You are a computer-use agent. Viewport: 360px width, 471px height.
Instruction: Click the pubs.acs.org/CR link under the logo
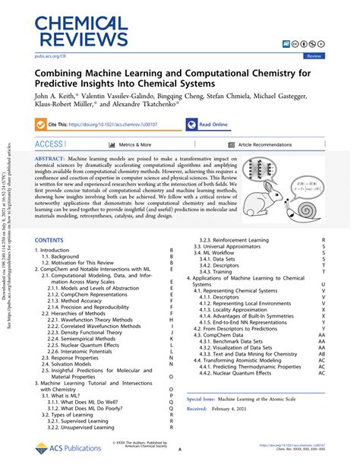51,55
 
